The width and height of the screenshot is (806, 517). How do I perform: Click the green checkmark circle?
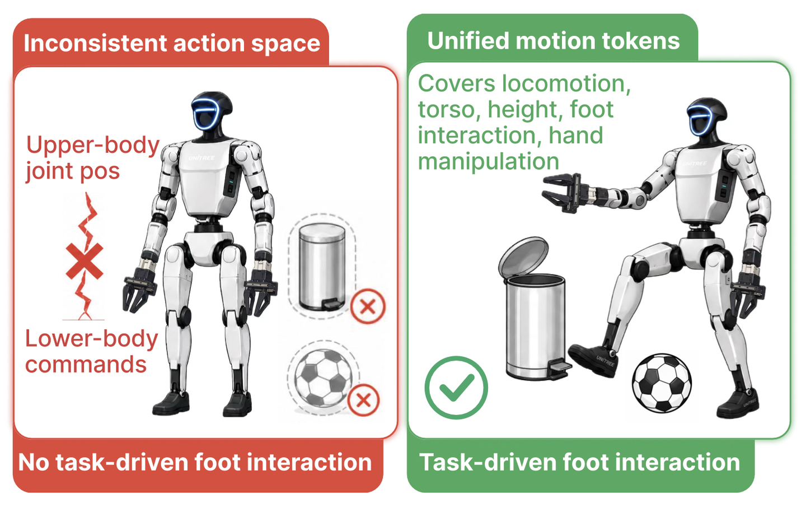[x=456, y=388]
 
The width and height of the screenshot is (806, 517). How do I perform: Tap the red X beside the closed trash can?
[x=368, y=306]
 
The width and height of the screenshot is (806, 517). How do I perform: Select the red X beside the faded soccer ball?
[x=363, y=400]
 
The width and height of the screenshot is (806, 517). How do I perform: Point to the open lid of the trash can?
[x=523, y=257]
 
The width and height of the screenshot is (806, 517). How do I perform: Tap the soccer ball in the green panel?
[x=662, y=383]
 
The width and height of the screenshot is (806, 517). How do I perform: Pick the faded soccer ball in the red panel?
[x=323, y=378]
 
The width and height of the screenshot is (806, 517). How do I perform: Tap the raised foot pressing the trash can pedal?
[x=593, y=360]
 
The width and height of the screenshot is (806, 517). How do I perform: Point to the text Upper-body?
[x=93, y=146]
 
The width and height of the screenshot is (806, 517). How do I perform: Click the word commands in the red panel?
[x=86, y=364]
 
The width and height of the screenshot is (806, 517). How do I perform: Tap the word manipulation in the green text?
[x=489, y=161]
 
